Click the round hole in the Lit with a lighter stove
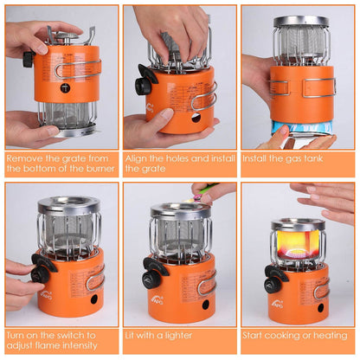coord(205,305)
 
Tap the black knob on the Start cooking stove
coord(275,280)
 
